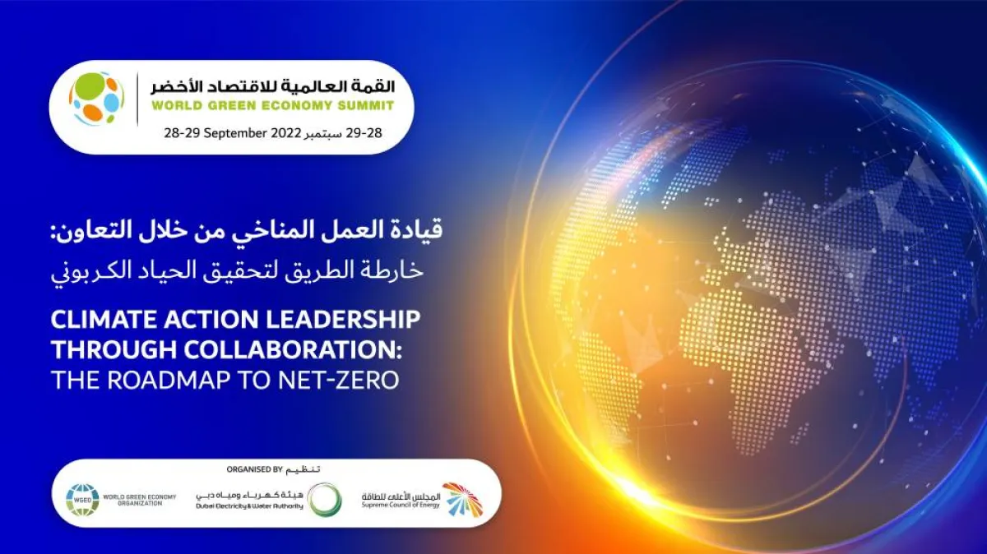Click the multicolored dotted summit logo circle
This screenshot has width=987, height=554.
click(x=96, y=99)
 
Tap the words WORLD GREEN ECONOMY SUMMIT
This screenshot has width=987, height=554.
click(x=271, y=105)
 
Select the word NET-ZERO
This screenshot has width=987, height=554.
click(x=354, y=380)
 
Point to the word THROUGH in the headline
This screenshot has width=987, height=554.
click(x=113, y=349)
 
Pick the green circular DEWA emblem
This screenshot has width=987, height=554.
click(x=322, y=498)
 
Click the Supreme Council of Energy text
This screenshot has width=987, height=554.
click(x=401, y=503)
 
